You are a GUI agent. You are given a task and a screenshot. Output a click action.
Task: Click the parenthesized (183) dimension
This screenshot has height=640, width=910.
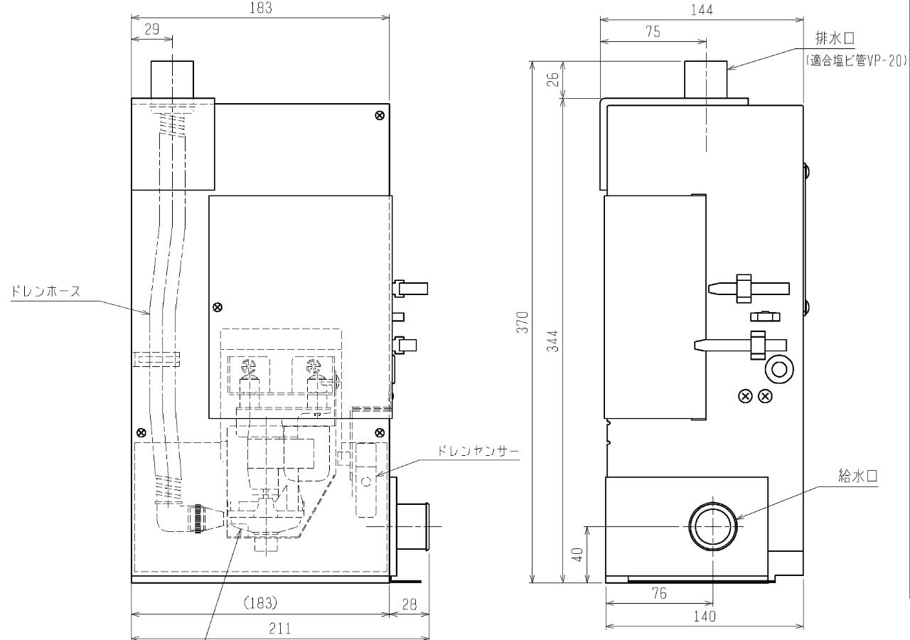click(x=259, y=603)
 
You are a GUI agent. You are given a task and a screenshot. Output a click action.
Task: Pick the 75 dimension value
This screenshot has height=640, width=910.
click(x=653, y=31)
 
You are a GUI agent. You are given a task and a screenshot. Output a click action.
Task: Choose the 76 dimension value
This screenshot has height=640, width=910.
click(x=659, y=594)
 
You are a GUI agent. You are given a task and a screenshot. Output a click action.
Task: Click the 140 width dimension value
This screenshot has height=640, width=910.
click(x=705, y=617)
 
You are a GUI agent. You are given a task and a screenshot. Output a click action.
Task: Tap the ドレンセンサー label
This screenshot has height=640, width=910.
click(x=479, y=451)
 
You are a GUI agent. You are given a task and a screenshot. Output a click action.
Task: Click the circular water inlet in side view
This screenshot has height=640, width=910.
click(x=712, y=527)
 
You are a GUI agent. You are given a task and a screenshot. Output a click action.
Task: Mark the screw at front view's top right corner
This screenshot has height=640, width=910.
click(x=380, y=116)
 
